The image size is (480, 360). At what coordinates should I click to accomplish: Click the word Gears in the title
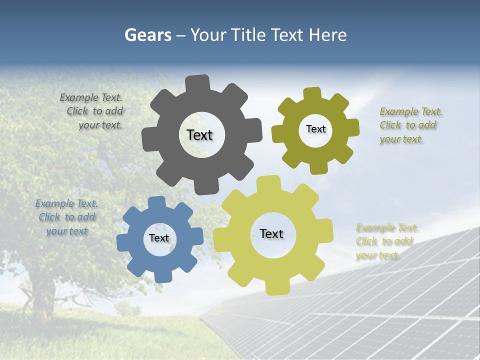tap(147, 35)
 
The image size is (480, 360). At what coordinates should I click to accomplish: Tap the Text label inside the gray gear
tap(199, 135)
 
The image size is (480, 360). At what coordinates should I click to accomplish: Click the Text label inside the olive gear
tap(315, 129)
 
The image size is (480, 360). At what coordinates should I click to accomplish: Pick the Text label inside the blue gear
tap(159, 238)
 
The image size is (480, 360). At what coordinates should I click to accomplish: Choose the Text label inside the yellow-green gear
tap(271, 234)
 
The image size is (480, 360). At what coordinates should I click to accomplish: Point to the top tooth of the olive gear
tap(312, 94)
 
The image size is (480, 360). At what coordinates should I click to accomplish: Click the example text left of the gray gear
tap(92, 111)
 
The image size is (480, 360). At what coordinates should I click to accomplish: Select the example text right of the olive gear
tap(410, 125)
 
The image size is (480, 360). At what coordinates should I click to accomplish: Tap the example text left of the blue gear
tap(66, 217)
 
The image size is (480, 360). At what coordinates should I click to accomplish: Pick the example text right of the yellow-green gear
tap(386, 241)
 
